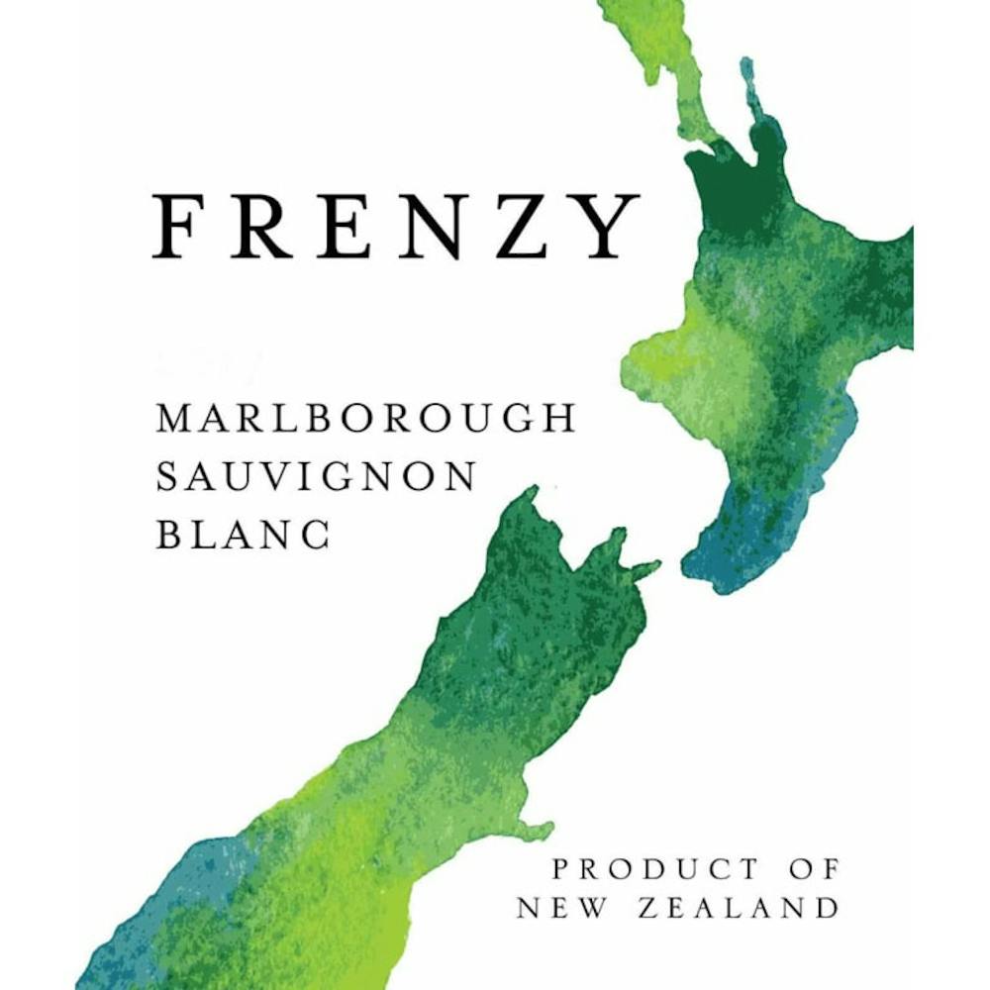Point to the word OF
[x=815, y=869]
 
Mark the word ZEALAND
[x=742, y=907]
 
